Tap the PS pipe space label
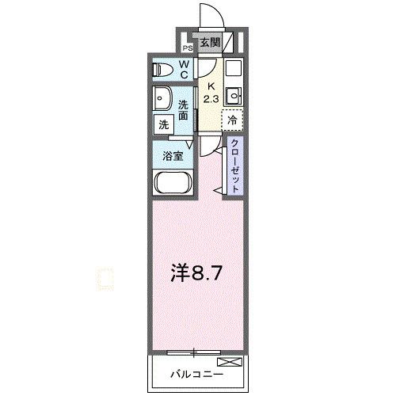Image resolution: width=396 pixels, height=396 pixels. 187,47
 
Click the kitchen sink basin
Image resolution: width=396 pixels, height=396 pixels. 233,97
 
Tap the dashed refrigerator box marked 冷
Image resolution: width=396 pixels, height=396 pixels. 232,121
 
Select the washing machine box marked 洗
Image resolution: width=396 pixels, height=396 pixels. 162,124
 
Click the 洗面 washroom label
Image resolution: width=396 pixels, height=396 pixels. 185,109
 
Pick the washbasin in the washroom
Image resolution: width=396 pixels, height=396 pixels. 162,100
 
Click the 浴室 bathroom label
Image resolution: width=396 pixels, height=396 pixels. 173,155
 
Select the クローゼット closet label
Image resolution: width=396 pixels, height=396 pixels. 235,164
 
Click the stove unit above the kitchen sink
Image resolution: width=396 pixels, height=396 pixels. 233,70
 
